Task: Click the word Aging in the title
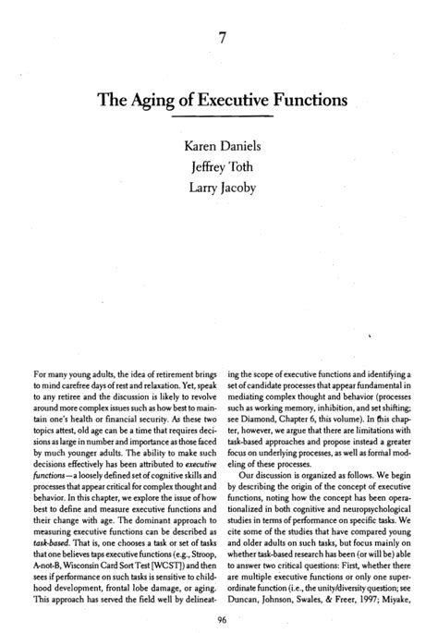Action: pyautogui.click(x=163, y=98)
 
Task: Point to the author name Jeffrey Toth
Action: pyautogui.click(x=219, y=167)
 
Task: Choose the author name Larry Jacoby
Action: pyautogui.click(x=219, y=189)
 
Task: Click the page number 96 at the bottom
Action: pyautogui.click(x=219, y=619)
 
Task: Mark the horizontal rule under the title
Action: pyautogui.click(x=219, y=118)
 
